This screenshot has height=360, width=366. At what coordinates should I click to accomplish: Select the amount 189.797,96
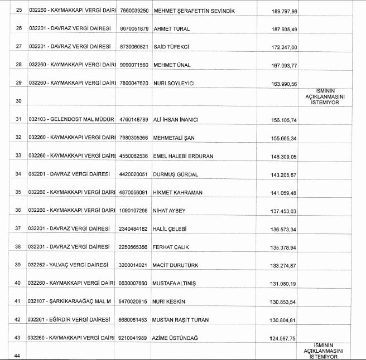tap(282, 11)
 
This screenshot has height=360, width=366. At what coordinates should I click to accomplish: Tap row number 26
tap(18, 28)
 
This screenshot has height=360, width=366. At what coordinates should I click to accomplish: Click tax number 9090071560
tap(133, 65)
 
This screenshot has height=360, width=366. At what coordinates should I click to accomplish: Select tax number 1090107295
tap(133, 211)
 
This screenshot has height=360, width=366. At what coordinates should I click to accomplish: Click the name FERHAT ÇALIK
tap(171, 247)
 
